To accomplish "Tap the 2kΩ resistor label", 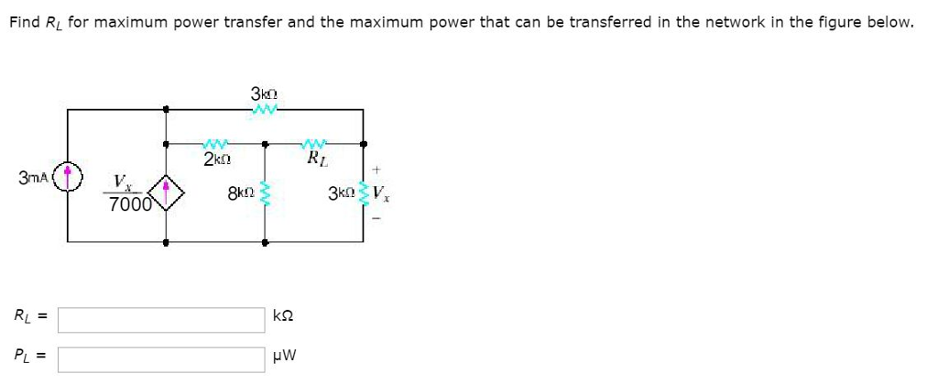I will click(x=217, y=159).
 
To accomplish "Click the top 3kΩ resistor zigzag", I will click(x=264, y=110).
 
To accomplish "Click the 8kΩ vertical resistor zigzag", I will click(x=265, y=193).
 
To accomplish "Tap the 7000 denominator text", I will click(x=129, y=205).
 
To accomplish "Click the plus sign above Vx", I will click(x=376, y=170).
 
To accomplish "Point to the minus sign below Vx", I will click(x=376, y=217).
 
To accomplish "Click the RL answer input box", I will click(x=162, y=318).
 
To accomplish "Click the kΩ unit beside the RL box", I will click(x=283, y=316).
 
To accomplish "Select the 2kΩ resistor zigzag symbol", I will click(x=216, y=144).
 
